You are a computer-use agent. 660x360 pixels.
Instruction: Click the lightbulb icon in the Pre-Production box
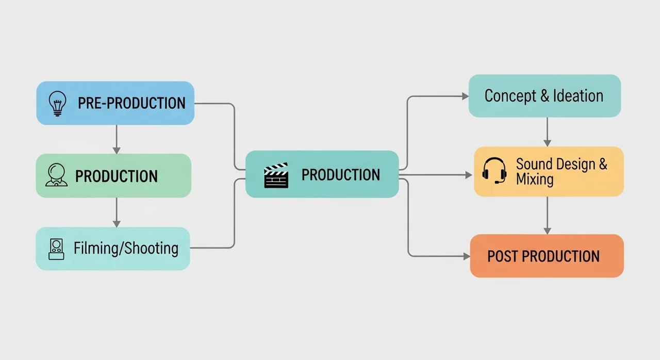point(57,103)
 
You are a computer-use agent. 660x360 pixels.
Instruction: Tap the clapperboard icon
point(276,175)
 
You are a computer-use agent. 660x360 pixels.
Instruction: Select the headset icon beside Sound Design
point(494,171)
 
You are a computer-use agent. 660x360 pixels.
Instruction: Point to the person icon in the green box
point(56,175)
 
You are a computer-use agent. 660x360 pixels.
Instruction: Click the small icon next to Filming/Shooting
point(56,249)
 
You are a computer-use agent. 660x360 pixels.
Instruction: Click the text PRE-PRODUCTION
point(131,103)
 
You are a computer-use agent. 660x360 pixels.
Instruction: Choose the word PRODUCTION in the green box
point(117,176)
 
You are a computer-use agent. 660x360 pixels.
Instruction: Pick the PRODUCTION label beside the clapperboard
point(341,175)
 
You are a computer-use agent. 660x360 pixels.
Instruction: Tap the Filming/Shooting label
point(126,249)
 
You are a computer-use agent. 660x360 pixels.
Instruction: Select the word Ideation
point(578,96)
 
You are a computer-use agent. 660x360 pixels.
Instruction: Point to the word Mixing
point(535,179)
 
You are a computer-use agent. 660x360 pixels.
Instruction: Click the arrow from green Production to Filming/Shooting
point(117,212)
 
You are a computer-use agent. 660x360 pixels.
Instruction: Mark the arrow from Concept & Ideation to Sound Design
point(547,132)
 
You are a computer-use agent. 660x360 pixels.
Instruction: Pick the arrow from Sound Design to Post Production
point(547,216)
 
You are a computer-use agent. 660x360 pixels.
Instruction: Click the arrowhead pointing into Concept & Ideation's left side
point(465,96)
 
